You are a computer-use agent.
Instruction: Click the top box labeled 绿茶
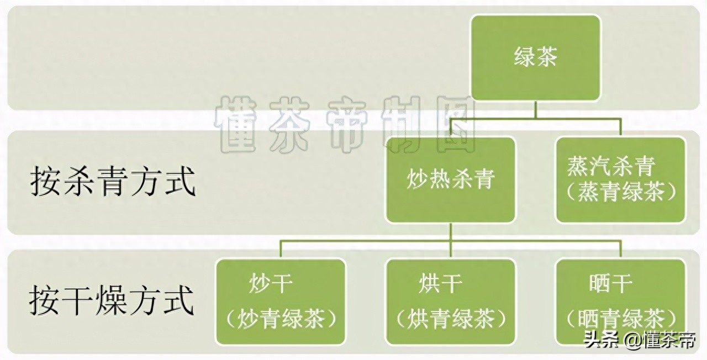pos(536,58)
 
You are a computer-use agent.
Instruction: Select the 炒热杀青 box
pos(451,180)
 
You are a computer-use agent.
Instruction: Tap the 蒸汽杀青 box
pos(620,180)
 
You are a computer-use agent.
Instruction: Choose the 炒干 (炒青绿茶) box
pos(281,302)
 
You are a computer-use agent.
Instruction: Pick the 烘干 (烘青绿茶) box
pos(451,302)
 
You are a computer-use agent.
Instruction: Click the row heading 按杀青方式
pos(113,182)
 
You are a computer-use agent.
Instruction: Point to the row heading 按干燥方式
pos(112,300)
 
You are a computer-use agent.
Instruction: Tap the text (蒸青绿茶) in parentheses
pos(620,192)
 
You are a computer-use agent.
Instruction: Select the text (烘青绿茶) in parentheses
pos(451,319)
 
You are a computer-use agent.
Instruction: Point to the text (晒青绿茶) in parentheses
pos(620,319)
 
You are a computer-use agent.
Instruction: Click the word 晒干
pos(611,283)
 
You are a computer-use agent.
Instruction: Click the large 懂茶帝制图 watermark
pos(345,124)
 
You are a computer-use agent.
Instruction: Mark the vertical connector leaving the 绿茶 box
pos(536,110)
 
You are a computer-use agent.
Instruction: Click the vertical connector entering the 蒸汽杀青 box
pos(620,128)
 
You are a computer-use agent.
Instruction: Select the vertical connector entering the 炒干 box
pos(281,250)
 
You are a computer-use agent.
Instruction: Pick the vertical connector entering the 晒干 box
pos(620,250)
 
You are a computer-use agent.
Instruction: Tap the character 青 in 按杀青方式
pos(113,182)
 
